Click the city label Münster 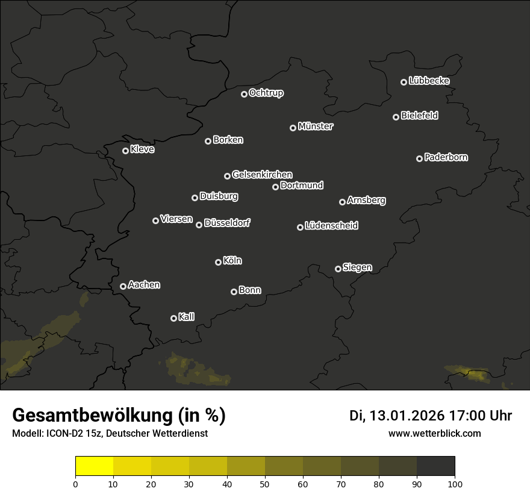tap(316, 127)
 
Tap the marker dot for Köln tap(218, 262)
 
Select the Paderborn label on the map tap(446, 157)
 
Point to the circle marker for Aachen tap(123, 286)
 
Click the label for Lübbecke tap(429, 81)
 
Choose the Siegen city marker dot tap(338, 269)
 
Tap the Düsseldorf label tap(227, 223)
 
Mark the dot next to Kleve tap(125, 151)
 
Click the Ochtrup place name tap(266, 93)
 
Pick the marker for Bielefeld tap(396, 117)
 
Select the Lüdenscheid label tap(332, 226)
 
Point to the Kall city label tap(187, 317)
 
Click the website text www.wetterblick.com tap(434, 433)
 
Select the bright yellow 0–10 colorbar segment tap(94, 466)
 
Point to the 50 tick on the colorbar tap(265, 483)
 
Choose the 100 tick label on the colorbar tap(455, 483)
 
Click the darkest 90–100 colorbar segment tap(435, 466)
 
